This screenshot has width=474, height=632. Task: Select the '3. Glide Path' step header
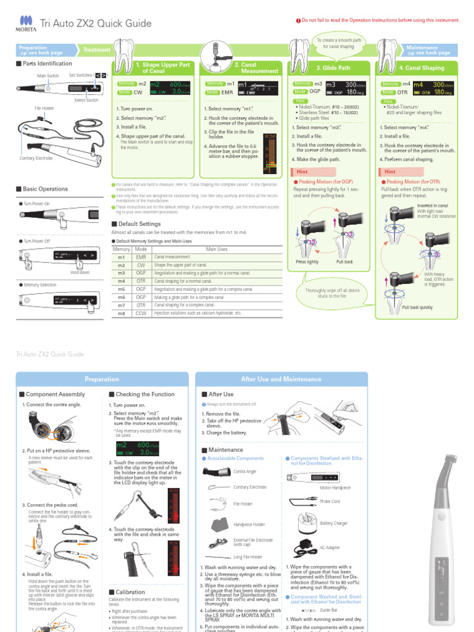[x=333, y=68]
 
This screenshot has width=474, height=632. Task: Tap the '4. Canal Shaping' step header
[x=421, y=67]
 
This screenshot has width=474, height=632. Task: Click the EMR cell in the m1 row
[x=140, y=257]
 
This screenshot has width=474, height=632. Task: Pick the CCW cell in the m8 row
[x=140, y=313]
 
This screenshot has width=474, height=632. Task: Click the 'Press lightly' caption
[x=307, y=262]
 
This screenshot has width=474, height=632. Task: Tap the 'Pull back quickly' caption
[x=418, y=307]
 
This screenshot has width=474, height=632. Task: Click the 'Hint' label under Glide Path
[x=302, y=171]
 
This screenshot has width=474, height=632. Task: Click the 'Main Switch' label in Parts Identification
[x=48, y=75]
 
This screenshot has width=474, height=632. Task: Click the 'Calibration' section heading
[x=130, y=592]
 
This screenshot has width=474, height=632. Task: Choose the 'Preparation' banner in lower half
[x=102, y=379]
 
